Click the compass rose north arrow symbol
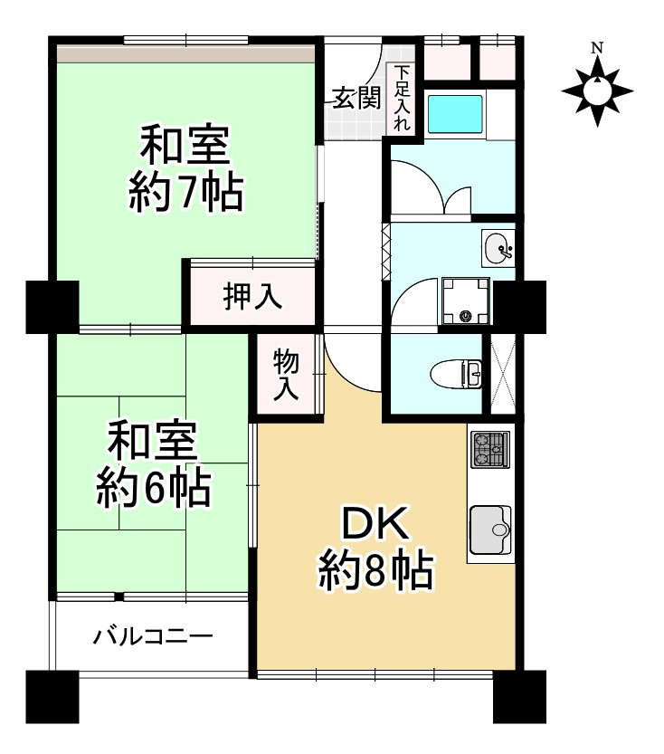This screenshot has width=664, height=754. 597,90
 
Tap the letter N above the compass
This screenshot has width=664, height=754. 597,48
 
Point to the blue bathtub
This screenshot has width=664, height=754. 457,114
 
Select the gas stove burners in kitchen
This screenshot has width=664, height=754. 490,450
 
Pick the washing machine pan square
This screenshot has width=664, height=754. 465,299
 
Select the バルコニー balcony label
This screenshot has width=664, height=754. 154,636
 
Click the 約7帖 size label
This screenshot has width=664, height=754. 185,192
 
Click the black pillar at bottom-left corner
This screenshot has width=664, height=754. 53,696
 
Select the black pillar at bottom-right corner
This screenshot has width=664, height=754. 519,696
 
